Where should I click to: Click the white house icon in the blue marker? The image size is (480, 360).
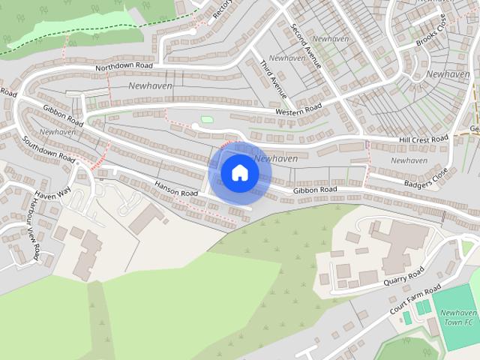[x=240, y=172]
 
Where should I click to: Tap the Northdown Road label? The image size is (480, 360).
[x=124, y=67]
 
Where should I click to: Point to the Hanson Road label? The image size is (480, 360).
[x=176, y=188]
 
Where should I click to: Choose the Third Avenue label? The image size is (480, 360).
[x=274, y=79]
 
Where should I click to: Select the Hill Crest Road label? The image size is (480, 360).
[x=423, y=139]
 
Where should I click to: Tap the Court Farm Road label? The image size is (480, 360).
[x=415, y=300]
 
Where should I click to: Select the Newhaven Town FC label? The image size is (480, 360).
[x=457, y=317]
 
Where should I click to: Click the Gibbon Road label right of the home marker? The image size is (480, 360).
[x=315, y=190]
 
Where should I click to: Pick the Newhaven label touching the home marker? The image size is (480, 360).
[x=276, y=159]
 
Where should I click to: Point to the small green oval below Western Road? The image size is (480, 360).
[x=206, y=119]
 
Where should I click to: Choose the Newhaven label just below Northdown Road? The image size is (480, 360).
[x=150, y=86]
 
